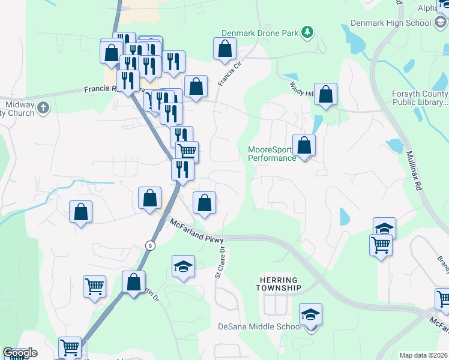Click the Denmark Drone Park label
(x=259, y=33)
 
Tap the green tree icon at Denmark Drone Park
(x=307, y=31)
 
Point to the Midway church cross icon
(x=43, y=108)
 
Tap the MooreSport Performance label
(x=272, y=154)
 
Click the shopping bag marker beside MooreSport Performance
(x=304, y=146)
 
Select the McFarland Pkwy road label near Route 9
(x=196, y=230)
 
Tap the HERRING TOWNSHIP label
(x=280, y=284)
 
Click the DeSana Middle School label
(x=259, y=327)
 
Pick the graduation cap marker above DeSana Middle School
(x=310, y=314)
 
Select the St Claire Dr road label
(x=220, y=263)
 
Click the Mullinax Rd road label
(x=414, y=170)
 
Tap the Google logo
(x=20, y=353)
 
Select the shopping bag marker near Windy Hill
(x=325, y=94)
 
